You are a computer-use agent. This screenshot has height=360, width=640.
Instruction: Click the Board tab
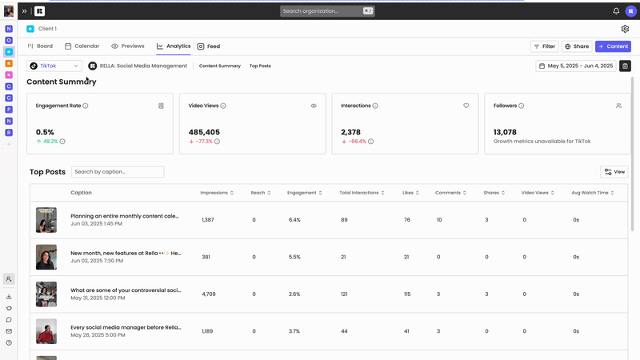[40, 46]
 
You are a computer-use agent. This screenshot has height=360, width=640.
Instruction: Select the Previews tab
[128, 46]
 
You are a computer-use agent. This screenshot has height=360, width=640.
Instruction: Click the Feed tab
[209, 46]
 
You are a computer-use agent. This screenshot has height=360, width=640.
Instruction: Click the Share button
[576, 46]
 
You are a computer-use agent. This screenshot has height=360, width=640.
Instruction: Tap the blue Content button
[613, 46]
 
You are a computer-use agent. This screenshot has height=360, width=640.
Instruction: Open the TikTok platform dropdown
[54, 66]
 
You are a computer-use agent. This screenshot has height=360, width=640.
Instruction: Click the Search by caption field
[117, 172]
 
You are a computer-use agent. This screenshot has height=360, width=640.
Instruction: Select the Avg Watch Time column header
[592, 193]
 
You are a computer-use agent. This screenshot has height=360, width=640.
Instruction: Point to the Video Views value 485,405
[204, 132]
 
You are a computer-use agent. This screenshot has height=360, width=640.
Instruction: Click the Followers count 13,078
[505, 132]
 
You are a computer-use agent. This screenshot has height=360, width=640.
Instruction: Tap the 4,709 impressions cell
[208, 294]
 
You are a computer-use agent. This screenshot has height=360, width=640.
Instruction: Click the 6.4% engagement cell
[294, 219]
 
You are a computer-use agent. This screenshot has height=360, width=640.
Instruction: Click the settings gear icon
[625, 29]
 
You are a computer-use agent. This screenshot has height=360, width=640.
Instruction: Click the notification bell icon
[616, 11]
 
